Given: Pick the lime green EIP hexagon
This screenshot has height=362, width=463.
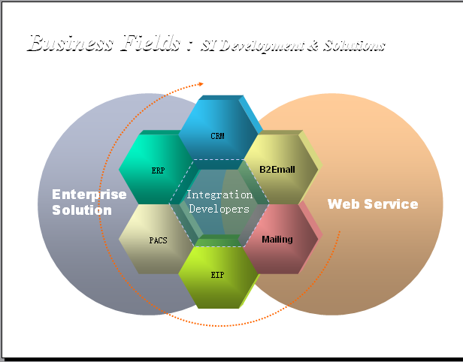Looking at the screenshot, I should click(x=216, y=276).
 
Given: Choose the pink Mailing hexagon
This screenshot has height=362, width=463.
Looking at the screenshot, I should click(x=277, y=240).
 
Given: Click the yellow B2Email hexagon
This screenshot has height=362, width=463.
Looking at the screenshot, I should click(x=277, y=169).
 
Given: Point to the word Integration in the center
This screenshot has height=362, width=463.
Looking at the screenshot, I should click(x=219, y=195).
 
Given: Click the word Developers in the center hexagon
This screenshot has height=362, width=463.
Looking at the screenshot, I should click(x=219, y=209).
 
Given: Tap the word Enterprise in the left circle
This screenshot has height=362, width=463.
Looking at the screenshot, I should click(x=89, y=195).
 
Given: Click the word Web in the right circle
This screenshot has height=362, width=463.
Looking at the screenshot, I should click(x=343, y=204).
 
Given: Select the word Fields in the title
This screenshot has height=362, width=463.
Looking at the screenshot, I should click(x=150, y=43).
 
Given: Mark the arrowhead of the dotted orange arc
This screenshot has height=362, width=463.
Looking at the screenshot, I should click(x=199, y=84).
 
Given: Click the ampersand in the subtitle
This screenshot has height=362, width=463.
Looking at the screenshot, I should click(x=312, y=47).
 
